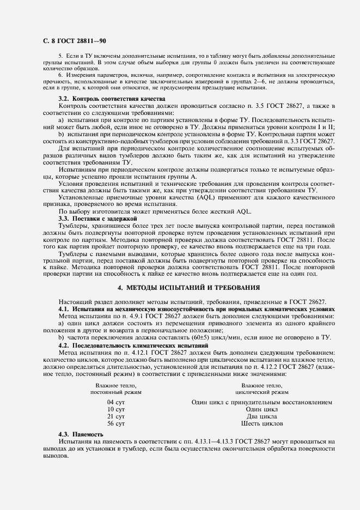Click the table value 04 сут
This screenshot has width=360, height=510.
click(x=116, y=402)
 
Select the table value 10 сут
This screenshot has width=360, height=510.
click(x=116, y=409)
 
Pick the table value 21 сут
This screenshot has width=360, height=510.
click(x=116, y=416)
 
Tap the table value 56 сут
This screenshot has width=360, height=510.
click(x=116, y=423)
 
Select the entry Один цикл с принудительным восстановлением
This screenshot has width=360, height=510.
click(x=261, y=402)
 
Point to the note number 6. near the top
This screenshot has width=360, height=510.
click(x=61, y=74)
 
